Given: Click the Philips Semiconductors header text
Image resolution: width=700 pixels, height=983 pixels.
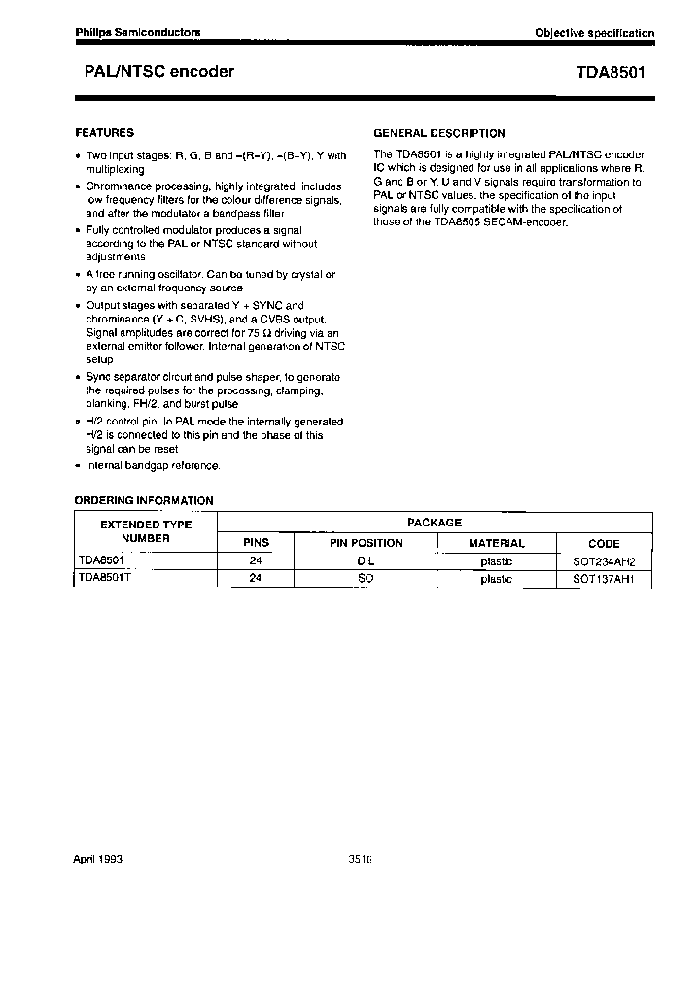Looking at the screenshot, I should coord(138,32).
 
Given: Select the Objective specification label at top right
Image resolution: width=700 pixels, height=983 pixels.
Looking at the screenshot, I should coord(594,33).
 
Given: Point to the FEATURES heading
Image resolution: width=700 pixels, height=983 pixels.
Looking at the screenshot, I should coord(104,133).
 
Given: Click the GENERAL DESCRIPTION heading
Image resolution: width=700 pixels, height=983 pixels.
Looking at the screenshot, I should coord(439,133).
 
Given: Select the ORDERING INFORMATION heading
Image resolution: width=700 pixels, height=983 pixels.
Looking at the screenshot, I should coord(144,501).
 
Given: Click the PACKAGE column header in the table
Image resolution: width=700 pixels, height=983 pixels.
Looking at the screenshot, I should coord(434,523).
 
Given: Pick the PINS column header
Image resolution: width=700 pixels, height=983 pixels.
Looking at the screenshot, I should coord(256,543).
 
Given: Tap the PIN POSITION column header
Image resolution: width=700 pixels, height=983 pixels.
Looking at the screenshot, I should coord(366,543).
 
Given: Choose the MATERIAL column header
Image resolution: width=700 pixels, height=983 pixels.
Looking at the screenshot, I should coord(496,543).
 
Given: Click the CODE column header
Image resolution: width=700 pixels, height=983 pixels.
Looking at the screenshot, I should coord(603,544).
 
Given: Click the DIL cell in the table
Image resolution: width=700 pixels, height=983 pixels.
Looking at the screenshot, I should coord(366,560).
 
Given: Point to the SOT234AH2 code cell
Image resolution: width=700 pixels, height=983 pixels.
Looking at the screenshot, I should coord(603,561).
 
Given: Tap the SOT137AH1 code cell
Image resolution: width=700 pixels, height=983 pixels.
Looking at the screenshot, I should coord(603,579).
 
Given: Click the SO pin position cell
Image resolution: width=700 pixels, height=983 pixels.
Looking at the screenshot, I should coord(366,578).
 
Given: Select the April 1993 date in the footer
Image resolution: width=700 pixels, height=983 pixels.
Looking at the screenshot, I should coord(98,860).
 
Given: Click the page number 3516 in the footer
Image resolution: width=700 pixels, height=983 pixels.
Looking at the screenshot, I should coord(360,860).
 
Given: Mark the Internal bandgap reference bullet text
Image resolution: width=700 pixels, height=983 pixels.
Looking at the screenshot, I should coord(153,465).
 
